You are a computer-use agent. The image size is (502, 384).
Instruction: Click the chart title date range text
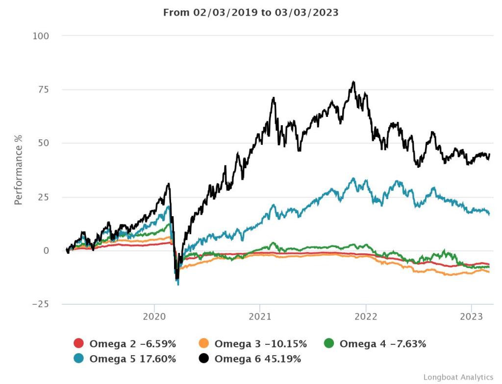click(251, 12)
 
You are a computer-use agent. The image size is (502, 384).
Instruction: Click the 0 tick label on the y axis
click(46, 250)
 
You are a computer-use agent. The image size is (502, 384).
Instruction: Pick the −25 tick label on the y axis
click(41, 304)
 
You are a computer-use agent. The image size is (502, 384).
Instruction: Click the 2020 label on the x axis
click(154, 316)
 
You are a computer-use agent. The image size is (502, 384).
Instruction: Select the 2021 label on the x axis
click(260, 316)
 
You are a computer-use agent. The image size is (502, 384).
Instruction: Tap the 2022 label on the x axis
click(366, 316)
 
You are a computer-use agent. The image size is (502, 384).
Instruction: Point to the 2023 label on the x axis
click(472, 316)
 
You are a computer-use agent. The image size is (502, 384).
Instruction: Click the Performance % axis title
click(18, 170)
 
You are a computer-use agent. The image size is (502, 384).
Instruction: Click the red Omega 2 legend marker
click(79, 344)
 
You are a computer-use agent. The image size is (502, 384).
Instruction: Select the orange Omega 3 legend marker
click(204, 344)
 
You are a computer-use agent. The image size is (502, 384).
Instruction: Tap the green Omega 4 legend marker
click(329, 344)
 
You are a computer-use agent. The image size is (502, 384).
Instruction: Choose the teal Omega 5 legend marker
click(79, 359)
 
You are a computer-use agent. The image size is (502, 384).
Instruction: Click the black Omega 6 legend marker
click(204, 359)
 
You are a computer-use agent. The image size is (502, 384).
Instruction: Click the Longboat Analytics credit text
click(458, 377)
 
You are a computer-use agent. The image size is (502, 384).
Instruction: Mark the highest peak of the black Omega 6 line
click(353, 82)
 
